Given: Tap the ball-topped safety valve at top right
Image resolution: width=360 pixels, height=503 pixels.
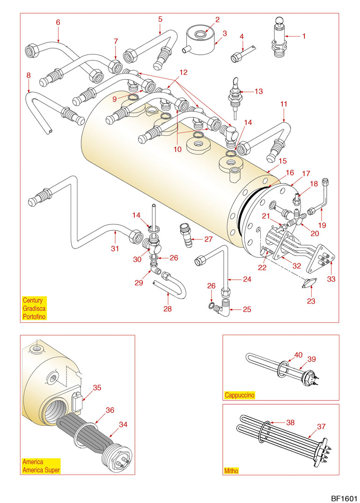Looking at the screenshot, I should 279,36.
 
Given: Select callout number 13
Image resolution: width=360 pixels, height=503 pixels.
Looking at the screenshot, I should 259,91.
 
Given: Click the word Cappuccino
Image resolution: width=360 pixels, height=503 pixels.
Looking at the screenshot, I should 240,395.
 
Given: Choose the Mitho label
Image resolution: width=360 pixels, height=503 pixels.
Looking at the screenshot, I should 232,470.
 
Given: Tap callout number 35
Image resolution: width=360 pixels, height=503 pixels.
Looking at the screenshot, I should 97,387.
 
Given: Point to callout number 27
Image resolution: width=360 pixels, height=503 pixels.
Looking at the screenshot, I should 208,239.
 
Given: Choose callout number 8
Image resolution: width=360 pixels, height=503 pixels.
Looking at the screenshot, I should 29,75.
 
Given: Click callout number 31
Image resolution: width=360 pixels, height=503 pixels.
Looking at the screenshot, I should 115,248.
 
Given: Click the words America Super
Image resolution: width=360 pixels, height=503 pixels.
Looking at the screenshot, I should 41,470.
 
